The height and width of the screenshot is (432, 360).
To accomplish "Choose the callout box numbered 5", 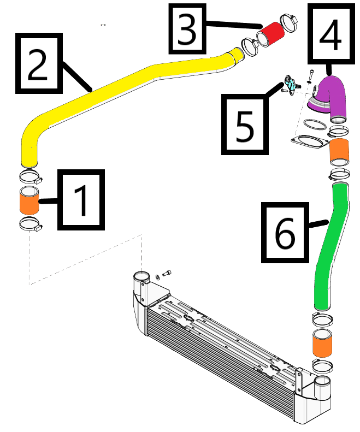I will point(245,124).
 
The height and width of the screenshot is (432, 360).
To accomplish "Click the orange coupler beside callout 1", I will point(30,200).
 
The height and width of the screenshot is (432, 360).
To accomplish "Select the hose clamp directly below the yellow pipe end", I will point(30,176).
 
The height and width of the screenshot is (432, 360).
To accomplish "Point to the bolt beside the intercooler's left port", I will point(167,273).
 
